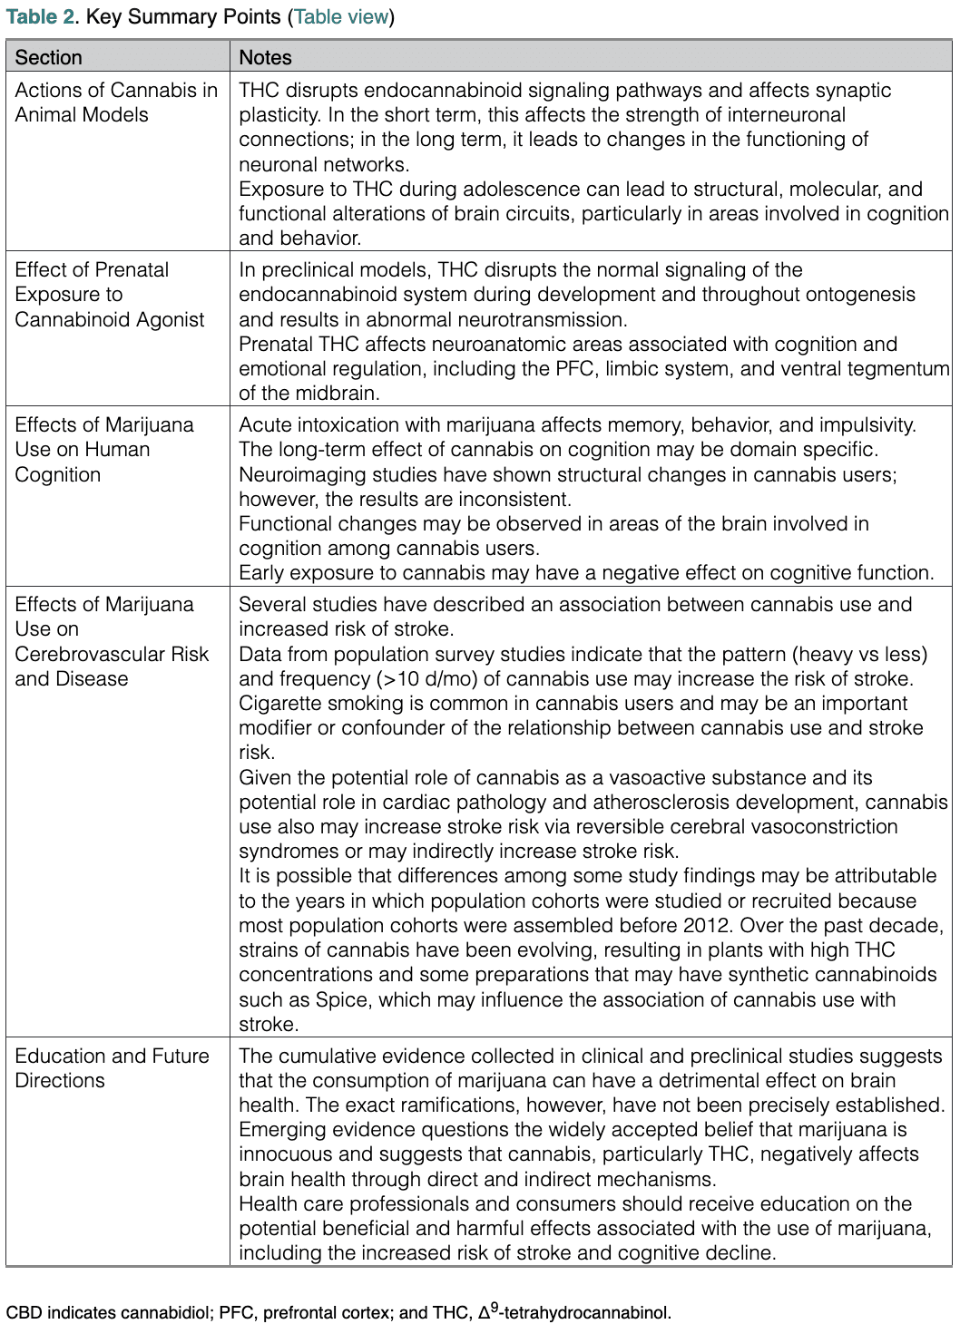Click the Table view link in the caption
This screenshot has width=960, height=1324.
[x=342, y=16]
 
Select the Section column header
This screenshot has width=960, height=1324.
[x=49, y=57]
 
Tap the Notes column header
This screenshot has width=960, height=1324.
[x=265, y=57]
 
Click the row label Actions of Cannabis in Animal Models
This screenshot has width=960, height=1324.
[x=116, y=102]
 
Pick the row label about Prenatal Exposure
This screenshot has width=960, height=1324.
[x=109, y=294]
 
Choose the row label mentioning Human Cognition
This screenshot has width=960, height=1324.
[x=103, y=450]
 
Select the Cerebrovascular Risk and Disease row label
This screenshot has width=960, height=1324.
[x=111, y=641]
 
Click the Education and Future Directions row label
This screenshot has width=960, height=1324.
[x=112, y=1068]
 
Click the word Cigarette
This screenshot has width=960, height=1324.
[x=282, y=703]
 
